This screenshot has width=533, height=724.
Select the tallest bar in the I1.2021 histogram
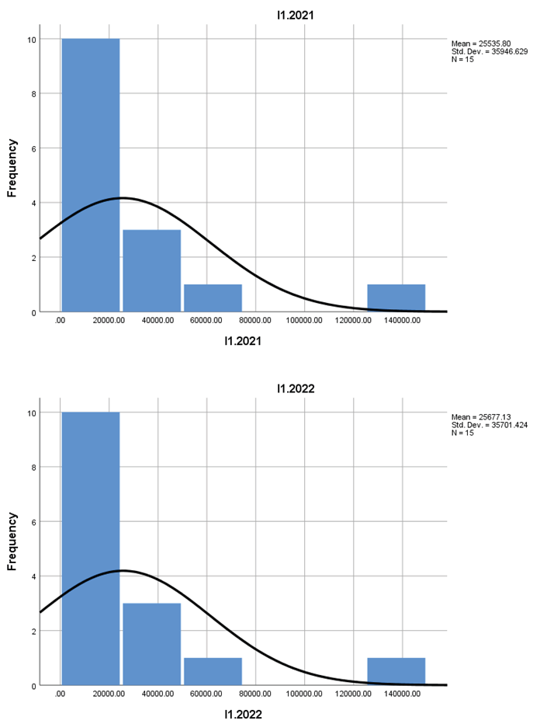pos(91,175)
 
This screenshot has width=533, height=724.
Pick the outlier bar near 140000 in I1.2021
pos(396,298)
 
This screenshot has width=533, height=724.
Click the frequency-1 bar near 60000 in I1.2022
pos(213,671)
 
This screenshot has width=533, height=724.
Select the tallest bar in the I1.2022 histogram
pos(91,548)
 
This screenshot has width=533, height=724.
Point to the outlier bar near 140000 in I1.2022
pos(396,671)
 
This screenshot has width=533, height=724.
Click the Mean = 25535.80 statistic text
pos(478,43)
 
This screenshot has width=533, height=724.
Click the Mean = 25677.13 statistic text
pos(478,416)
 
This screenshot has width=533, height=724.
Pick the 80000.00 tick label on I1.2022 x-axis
pos(255,694)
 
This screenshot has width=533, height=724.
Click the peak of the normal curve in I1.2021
pos(121,198)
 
